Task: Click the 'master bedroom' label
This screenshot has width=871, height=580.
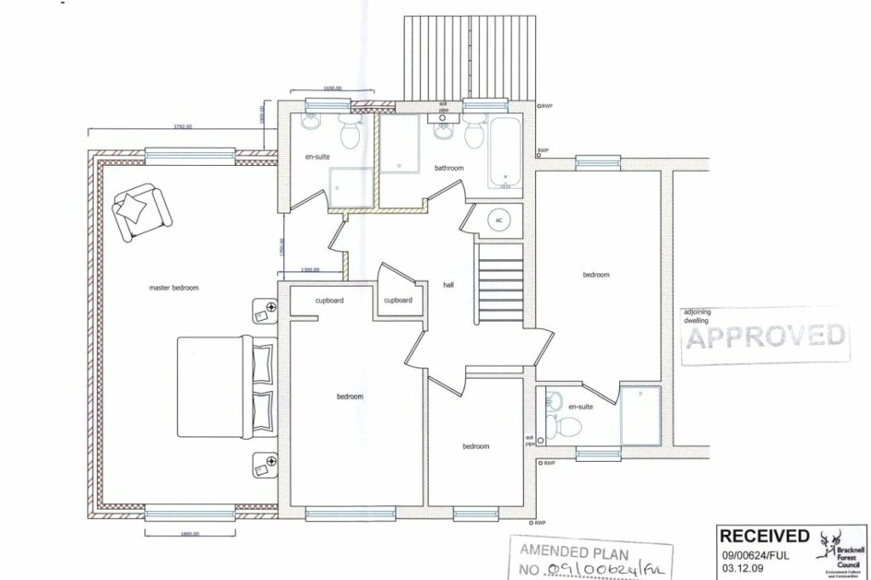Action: tap(174, 288)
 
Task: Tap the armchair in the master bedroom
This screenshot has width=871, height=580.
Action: tap(138, 210)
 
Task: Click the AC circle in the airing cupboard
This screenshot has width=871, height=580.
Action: tap(498, 220)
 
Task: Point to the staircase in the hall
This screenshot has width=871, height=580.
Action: tap(499, 281)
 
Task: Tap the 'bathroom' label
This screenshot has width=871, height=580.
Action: tap(448, 168)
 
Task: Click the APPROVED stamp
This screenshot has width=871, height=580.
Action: tap(766, 337)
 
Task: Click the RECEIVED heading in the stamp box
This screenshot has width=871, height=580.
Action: tap(765, 536)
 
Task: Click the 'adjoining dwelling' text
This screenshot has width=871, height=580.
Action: tap(700, 316)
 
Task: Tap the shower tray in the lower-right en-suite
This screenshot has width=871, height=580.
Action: tap(640, 415)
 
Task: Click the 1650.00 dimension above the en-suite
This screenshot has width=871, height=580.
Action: tap(331, 89)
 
